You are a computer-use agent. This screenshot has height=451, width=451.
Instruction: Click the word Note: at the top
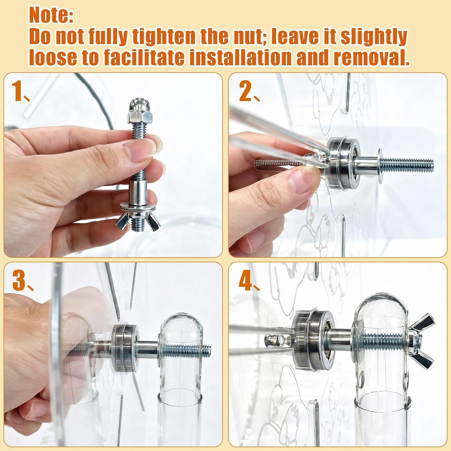(51, 15)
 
